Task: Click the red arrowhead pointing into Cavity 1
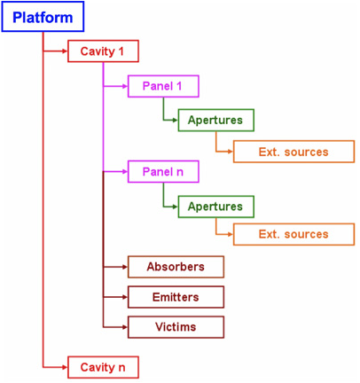pyautogui.click(x=65, y=51)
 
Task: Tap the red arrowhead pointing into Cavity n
pyautogui.click(x=65, y=367)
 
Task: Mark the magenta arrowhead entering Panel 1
pyautogui.click(x=125, y=86)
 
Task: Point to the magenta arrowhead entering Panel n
pyautogui.click(x=125, y=171)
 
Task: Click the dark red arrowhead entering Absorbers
pyautogui.click(x=125, y=267)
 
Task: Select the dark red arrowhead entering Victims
pyautogui.click(x=125, y=327)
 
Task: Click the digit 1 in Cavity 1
pyautogui.click(x=121, y=51)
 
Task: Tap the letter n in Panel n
pyautogui.click(x=180, y=172)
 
